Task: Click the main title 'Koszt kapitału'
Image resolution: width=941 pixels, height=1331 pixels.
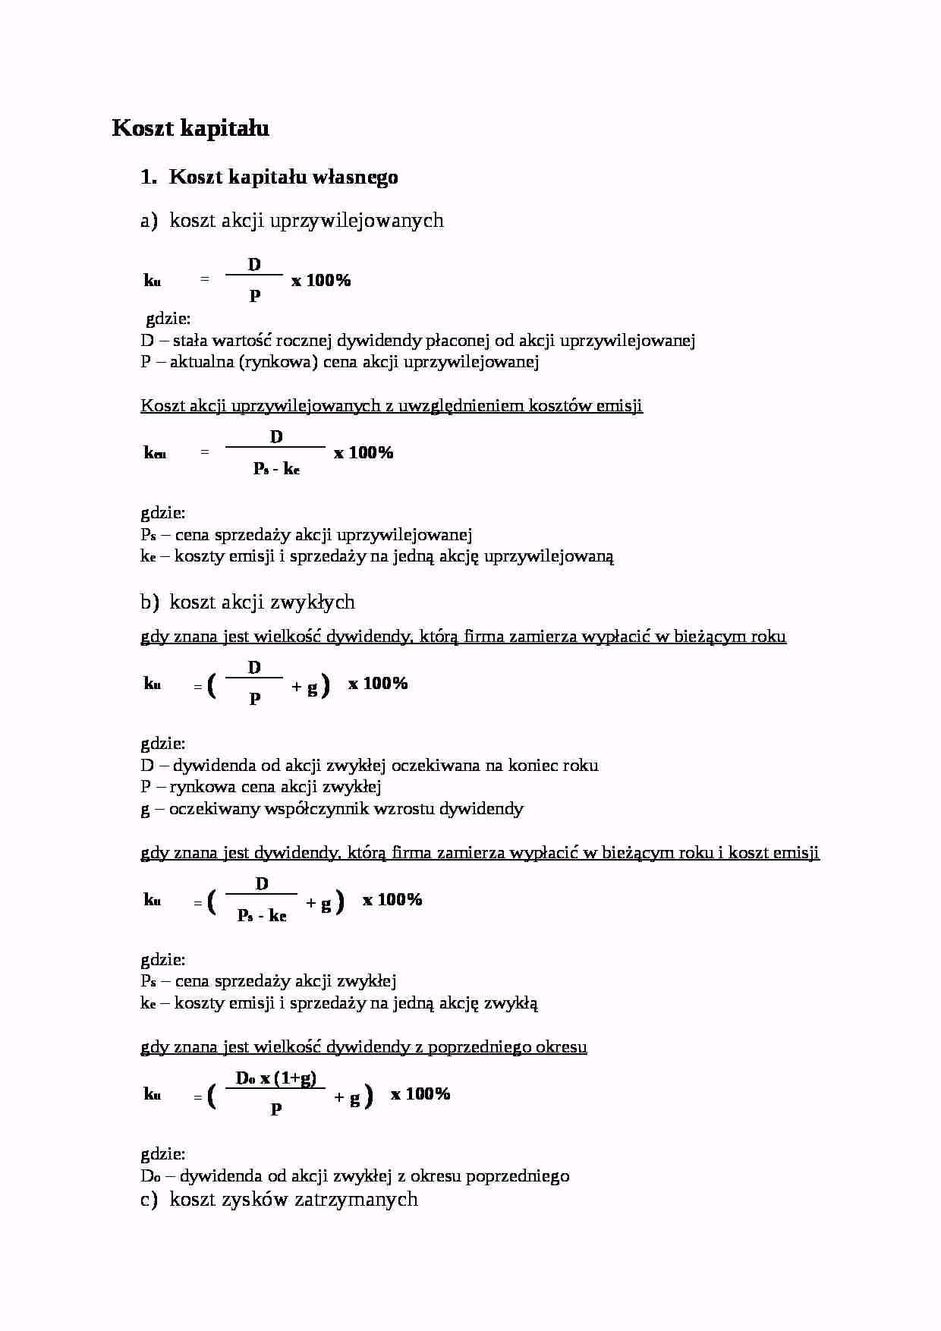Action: coord(190,128)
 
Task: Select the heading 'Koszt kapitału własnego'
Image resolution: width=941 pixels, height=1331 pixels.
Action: coord(283,177)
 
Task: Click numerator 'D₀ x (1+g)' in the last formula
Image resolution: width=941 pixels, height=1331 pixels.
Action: coord(276,1078)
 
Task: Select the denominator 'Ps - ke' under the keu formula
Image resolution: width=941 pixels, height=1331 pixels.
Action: coord(276,469)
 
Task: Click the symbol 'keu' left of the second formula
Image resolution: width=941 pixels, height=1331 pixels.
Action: coord(155,453)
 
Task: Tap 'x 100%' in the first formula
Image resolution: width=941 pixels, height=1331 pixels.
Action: coord(321,281)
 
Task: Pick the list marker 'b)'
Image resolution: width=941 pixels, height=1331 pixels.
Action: coord(149,603)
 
